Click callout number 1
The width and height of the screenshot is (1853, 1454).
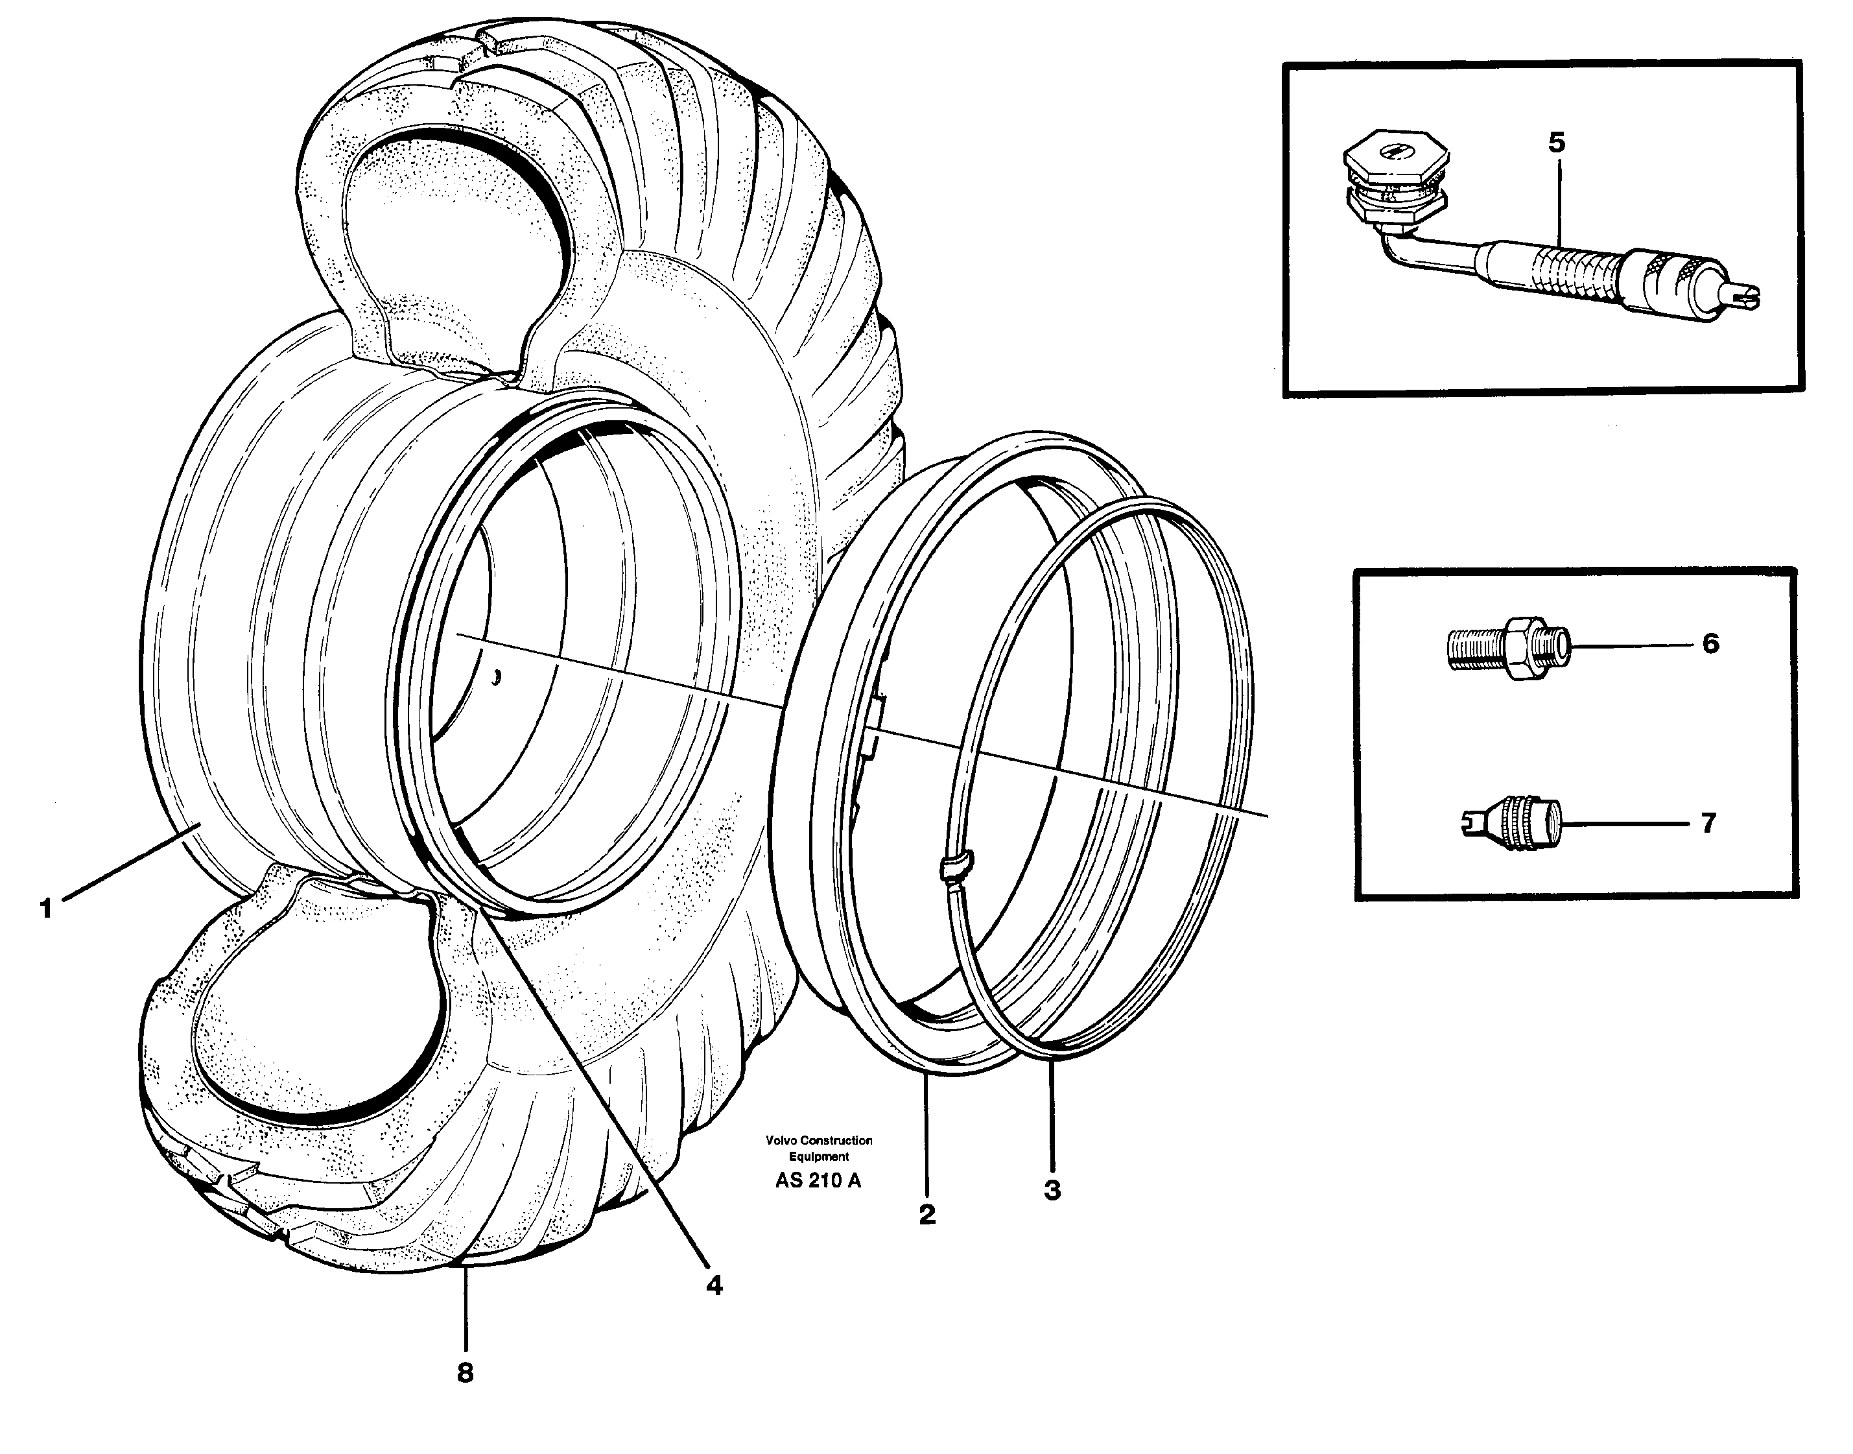(46, 909)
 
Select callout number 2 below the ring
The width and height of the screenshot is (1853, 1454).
(927, 1214)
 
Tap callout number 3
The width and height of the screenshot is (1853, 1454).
(1052, 1190)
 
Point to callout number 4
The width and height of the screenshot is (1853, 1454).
(714, 1285)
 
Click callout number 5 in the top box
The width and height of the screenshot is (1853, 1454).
(1556, 143)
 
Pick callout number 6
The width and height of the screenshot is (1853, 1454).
(1710, 643)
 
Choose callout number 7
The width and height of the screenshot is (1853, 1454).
(1708, 823)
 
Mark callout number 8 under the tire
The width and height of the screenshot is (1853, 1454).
(465, 1372)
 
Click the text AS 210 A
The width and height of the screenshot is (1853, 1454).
(818, 1181)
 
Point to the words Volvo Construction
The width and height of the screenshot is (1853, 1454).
(819, 1140)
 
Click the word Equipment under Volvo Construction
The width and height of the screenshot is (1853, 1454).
(818, 1157)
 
